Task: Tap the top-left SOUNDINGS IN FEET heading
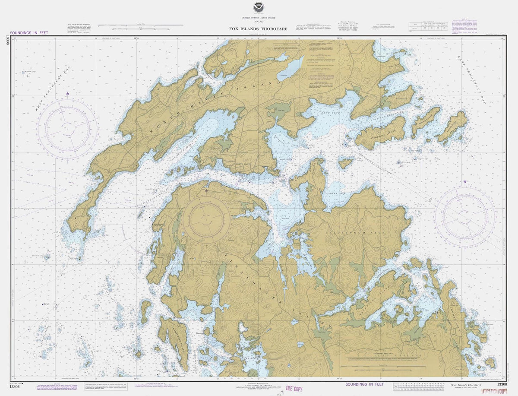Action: pos(29,33)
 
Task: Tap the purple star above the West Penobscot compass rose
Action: pos(67,93)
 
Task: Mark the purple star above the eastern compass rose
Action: pos(465,181)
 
